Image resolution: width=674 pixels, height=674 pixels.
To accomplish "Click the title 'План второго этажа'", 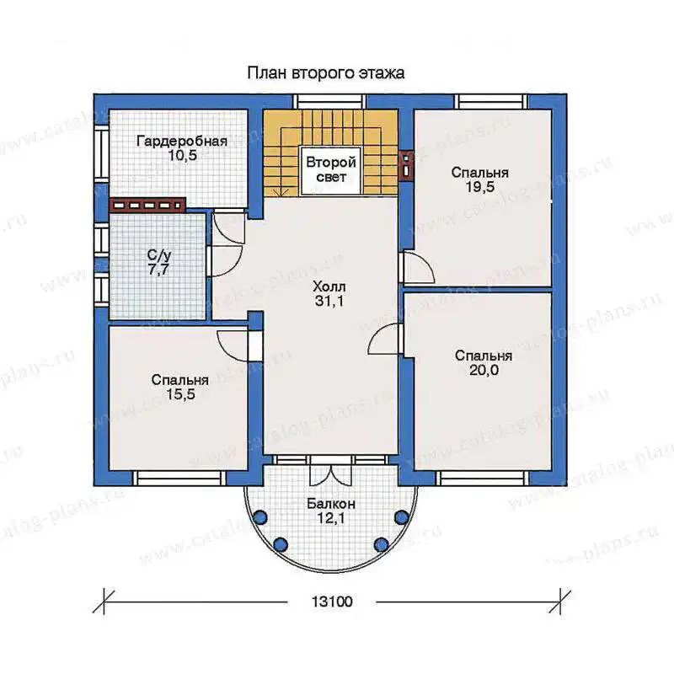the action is [x=325, y=73].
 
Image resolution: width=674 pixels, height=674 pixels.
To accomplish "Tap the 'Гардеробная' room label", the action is [x=182, y=141].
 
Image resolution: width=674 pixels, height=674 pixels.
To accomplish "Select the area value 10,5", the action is [x=182, y=155].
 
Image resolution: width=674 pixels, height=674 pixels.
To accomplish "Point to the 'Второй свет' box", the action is [x=331, y=171].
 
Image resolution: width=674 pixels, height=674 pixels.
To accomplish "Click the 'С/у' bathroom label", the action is [x=159, y=255].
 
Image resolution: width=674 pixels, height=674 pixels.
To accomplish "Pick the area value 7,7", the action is [x=158, y=270].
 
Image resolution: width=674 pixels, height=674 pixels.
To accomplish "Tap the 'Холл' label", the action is [x=329, y=286].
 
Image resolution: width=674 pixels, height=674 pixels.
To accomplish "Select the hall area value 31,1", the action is [x=329, y=301].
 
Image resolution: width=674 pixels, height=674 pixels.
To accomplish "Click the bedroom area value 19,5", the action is [x=479, y=186].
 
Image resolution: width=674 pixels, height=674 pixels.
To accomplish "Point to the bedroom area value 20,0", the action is [x=484, y=370].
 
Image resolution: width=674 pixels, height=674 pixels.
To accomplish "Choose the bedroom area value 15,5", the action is [x=180, y=394].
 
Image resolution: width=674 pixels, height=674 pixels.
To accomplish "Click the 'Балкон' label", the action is [x=331, y=504].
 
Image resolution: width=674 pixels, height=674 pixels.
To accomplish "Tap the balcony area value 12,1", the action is [x=331, y=518].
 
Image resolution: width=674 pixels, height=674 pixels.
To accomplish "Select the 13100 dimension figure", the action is [x=331, y=602].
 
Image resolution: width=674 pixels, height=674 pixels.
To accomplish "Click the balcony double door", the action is [x=331, y=471].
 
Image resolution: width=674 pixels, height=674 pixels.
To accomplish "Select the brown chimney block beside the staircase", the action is [x=406, y=164].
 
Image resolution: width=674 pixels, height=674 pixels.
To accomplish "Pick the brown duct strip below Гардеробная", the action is [x=147, y=206].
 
